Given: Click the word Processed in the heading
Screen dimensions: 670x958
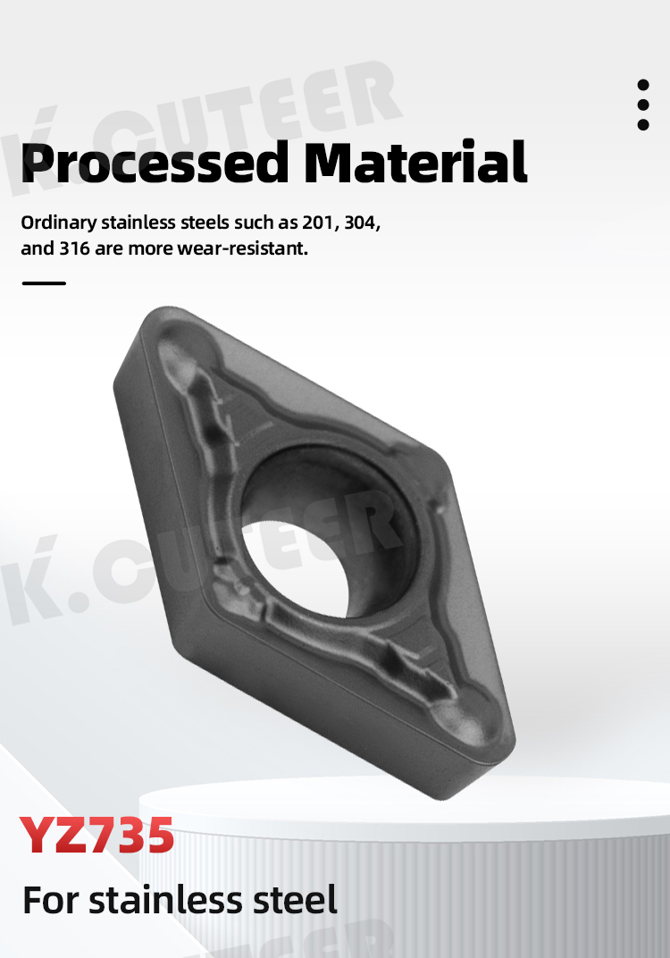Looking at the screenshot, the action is pyautogui.click(x=155, y=164).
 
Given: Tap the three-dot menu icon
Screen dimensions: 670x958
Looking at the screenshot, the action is pyautogui.click(x=642, y=105).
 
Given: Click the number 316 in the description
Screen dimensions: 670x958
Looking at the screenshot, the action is pyautogui.click(x=74, y=248).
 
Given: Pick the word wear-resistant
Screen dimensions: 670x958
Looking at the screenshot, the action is pyautogui.click(x=242, y=248).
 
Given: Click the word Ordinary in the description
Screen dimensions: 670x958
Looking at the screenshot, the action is pyautogui.click(x=59, y=223).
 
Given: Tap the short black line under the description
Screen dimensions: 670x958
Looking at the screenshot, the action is pyautogui.click(x=44, y=283).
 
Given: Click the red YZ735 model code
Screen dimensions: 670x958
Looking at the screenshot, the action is pyautogui.click(x=96, y=836).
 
